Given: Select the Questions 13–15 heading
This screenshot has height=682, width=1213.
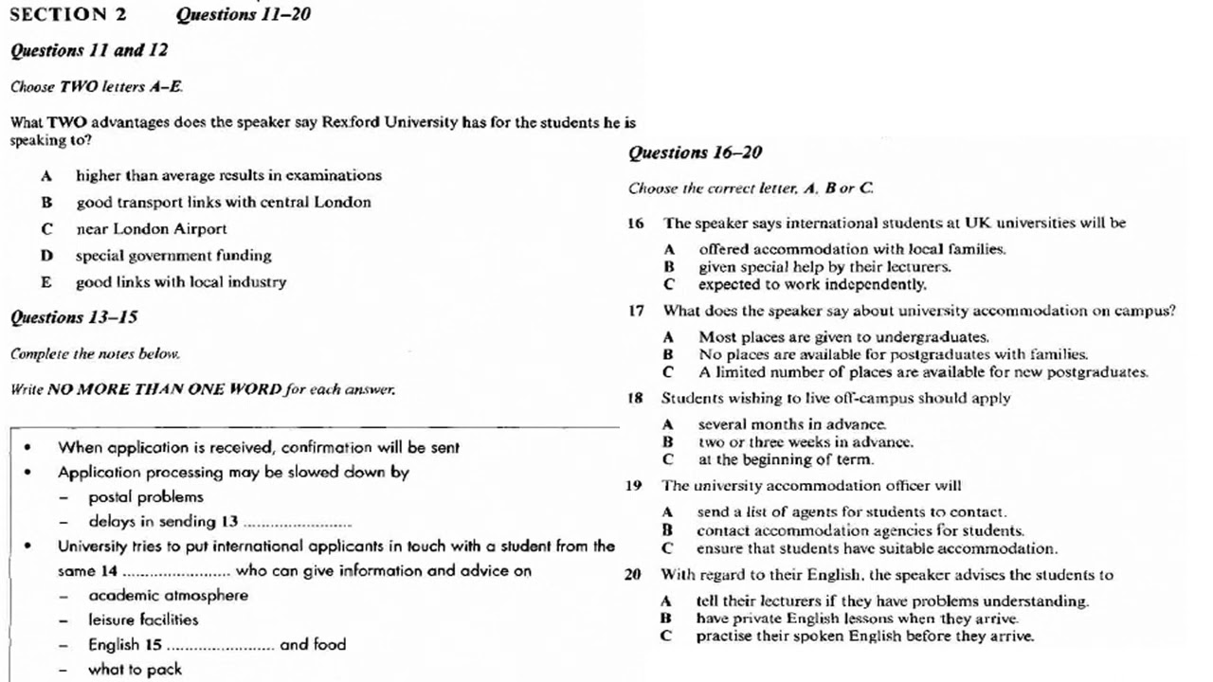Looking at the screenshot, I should coord(74,317).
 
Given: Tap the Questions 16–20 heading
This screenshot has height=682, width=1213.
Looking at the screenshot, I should coord(695,153).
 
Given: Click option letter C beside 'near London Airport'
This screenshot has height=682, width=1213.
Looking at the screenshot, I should coord(45,229).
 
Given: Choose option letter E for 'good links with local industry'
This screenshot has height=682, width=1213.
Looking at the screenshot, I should coord(45,282).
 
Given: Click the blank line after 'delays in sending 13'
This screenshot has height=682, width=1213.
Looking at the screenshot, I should coord(298,524).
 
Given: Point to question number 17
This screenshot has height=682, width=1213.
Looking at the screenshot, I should coord(635,311).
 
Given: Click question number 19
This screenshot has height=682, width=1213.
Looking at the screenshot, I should coord(634,486).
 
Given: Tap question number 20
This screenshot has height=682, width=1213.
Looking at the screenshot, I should coord(633,574).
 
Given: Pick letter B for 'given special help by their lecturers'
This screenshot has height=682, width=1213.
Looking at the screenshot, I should coord(669,267).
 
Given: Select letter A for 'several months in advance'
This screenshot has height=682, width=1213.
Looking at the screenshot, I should coord(668,424).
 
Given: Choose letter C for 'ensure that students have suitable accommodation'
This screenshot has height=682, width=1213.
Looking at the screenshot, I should coord(667,548).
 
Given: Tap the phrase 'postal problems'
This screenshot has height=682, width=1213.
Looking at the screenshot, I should coord(146,497).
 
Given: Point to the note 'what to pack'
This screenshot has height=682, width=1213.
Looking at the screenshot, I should coord(135,670).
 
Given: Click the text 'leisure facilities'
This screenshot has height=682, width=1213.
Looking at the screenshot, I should coord(143,620).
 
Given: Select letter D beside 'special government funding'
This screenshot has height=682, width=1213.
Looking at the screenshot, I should coord(45,256).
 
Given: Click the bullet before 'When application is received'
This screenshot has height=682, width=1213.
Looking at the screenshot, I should coord(28,448).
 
